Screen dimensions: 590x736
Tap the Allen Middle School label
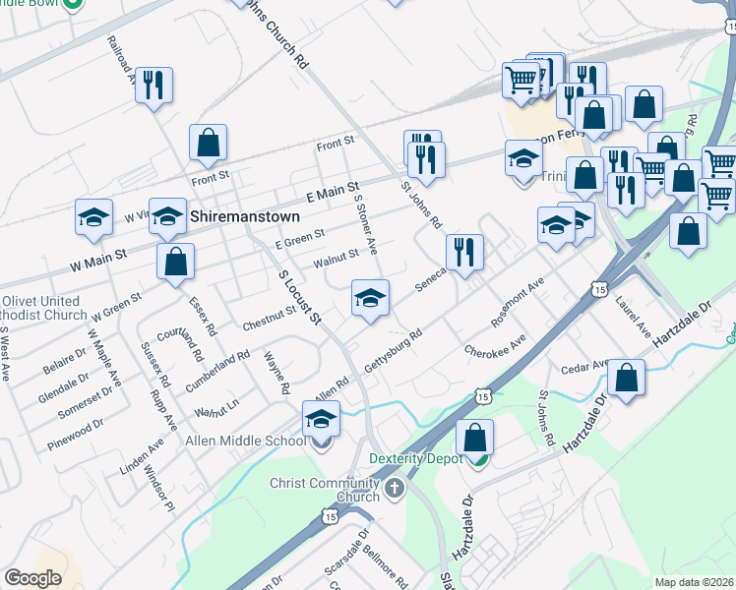click(x=246, y=442)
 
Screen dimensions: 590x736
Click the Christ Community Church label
click(x=324, y=490)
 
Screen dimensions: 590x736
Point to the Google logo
click(x=32, y=578)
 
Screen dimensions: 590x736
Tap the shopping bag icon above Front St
click(x=208, y=144)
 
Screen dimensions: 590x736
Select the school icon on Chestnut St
click(x=370, y=299)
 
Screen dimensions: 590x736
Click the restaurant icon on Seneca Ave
click(x=463, y=253)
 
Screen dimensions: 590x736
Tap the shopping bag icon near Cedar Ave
click(x=626, y=378)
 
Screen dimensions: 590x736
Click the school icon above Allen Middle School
click(x=321, y=419)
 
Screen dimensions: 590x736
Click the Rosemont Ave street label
click(x=518, y=307)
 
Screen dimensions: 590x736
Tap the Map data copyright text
click(x=694, y=582)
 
